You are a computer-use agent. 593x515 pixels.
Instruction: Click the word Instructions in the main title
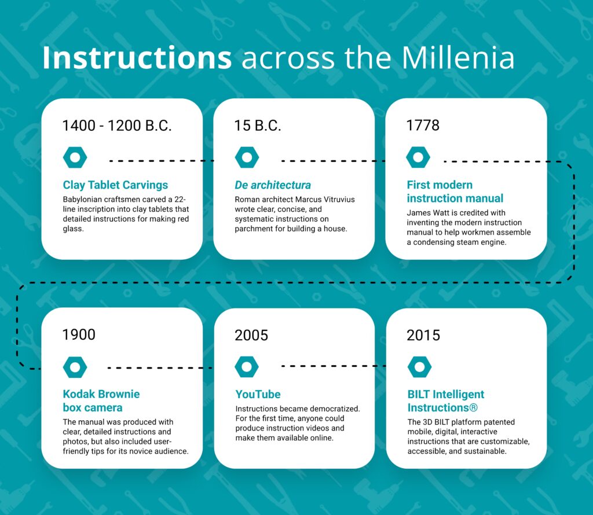[137, 57]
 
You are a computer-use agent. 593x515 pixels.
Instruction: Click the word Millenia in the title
[457, 57]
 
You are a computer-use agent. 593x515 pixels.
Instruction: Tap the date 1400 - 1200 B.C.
[117, 126]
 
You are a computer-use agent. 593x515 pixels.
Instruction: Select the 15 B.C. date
[258, 126]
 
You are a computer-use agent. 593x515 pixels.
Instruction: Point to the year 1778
[423, 126]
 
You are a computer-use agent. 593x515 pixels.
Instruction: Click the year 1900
[79, 334]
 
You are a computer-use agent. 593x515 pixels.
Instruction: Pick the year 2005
[251, 335]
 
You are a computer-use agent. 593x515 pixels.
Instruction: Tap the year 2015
[423, 335]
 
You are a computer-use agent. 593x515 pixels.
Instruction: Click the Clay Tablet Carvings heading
[115, 185]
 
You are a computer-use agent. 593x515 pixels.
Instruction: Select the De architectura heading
[273, 185]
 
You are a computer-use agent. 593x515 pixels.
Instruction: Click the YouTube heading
[258, 394]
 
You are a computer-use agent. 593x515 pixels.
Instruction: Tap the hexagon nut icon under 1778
[418, 157]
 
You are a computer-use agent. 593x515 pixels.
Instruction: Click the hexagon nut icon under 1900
[75, 367]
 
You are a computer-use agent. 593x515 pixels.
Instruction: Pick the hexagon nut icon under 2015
[420, 366]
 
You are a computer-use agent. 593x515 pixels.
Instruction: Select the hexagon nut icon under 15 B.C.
[247, 157]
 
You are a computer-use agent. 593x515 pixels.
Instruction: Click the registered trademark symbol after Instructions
[474, 408]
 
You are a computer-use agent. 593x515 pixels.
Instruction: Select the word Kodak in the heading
[78, 394]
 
